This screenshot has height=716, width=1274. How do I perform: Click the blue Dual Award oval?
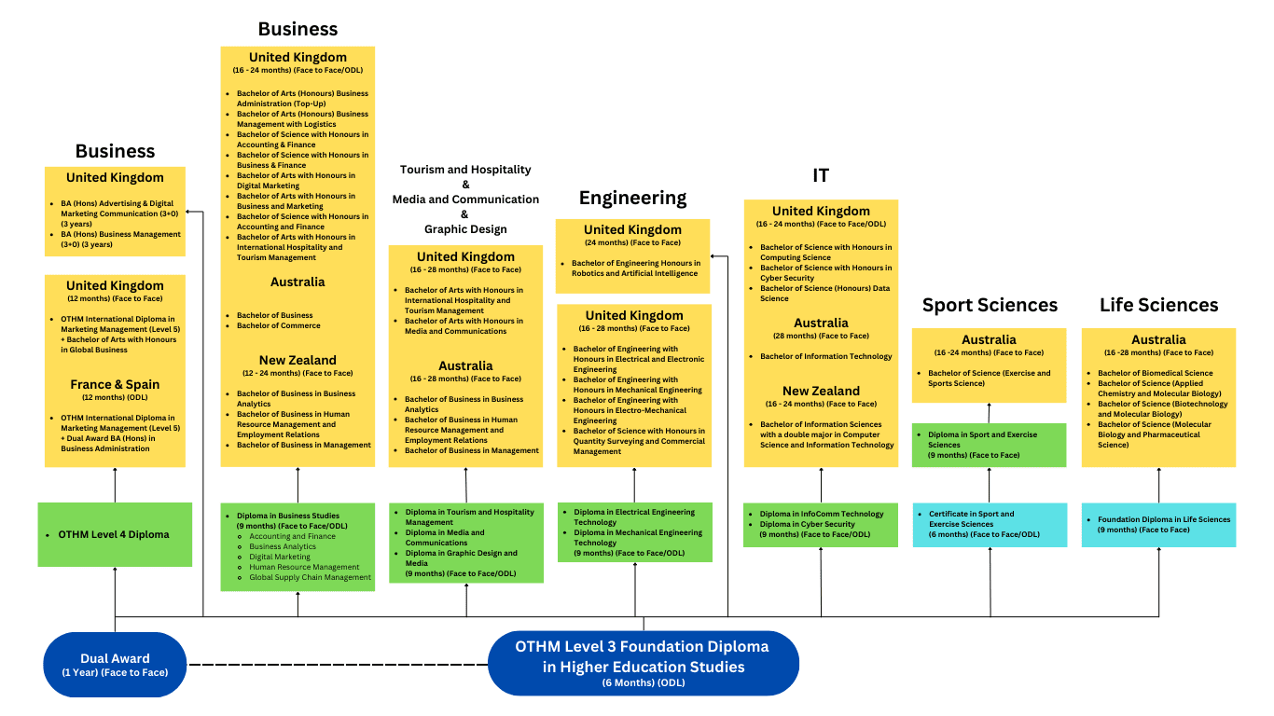click(115, 665)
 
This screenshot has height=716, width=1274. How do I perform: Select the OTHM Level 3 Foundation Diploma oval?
click(644, 663)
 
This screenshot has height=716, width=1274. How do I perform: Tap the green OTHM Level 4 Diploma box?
click(115, 535)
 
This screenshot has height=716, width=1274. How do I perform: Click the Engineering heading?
click(632, 198)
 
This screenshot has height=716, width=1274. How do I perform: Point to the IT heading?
click(821, 175)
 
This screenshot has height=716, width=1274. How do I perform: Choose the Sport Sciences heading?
click(990, 305)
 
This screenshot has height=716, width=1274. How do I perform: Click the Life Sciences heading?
click(1158, 305)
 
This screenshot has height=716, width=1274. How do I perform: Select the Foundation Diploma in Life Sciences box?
click(1158, 524)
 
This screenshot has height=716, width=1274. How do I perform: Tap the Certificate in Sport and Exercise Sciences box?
click(989, 524)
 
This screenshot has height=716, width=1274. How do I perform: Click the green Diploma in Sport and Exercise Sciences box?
click(989, 445)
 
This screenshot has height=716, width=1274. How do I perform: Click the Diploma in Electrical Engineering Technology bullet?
click(634, 516)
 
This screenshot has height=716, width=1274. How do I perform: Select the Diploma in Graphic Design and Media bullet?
click(461, 558)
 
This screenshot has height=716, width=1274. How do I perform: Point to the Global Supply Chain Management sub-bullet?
click(310, 577)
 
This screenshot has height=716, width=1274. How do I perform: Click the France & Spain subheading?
click(115, 384)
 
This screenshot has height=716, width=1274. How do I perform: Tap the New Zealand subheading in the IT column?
click(821, 391)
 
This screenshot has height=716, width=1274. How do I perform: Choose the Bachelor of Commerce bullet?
click(279, 325)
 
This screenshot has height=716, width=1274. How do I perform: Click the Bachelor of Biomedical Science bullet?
click(1155, 373)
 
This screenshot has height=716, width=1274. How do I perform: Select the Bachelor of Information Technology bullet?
click(826, 356)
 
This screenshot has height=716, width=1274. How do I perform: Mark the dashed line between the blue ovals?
click(338, 665)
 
